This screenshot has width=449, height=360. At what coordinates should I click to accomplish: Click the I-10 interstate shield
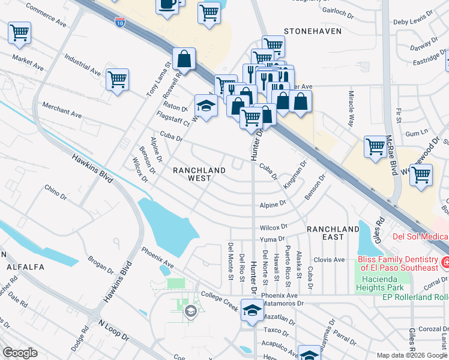119,22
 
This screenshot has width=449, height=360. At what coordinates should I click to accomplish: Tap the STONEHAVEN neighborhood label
312,31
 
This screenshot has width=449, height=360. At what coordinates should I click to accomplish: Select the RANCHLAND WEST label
199,174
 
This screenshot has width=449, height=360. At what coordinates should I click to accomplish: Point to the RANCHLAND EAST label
333,233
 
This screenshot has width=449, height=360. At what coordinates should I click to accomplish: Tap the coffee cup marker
167,5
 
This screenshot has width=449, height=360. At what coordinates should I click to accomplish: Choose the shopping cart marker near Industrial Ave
117,79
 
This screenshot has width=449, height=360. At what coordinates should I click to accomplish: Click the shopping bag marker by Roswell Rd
184,59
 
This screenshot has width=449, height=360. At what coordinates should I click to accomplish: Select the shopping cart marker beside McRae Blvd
375,146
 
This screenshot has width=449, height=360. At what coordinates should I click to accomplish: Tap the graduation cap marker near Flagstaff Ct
206,106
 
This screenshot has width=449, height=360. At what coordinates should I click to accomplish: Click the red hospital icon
445,262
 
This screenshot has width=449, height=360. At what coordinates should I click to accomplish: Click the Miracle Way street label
350,109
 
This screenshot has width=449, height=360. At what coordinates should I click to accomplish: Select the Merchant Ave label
62,109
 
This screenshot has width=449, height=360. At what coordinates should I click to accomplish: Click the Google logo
20,353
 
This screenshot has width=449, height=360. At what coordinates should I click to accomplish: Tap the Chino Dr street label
55,191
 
